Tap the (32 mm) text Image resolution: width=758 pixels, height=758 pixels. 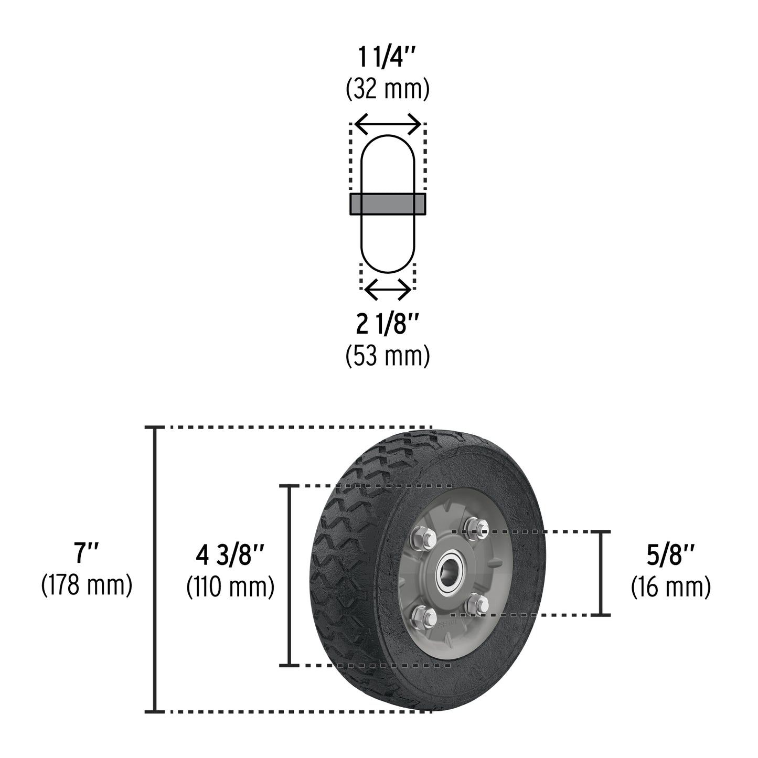pyautogui.click(x=388, y=89)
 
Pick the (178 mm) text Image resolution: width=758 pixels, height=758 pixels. pyautogui.click(x=87, y=585)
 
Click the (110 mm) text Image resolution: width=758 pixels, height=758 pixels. pyautogui.click(x=230, y=587)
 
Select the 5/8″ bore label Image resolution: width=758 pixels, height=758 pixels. pyautogui.click(x=671, y=556)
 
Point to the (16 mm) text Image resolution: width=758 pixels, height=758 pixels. pyautogui.click(x=671, y=587)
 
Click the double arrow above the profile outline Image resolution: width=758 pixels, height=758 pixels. pyautogui.click(x=388, y=124)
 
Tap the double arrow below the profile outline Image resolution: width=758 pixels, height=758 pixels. pyautogui.click(x=388, y=290)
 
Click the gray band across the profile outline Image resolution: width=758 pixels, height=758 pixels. pyautogui.click(x=388, y=204)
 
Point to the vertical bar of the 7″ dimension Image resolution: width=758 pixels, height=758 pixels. pyautogui.click(x=155, y=569)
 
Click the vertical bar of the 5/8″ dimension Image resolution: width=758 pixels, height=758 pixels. pyautogui.click(x=601, y=573)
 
